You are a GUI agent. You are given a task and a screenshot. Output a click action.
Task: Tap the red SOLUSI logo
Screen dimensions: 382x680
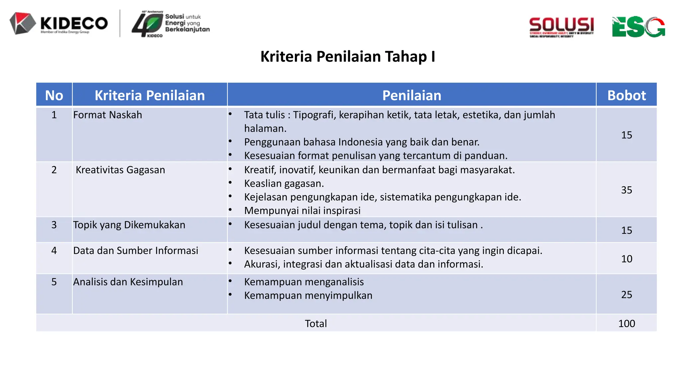click(561, 27)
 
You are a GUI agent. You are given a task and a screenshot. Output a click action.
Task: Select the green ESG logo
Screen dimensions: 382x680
click(638, 27)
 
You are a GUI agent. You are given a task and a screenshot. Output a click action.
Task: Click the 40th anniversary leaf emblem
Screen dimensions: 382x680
click(147, 24)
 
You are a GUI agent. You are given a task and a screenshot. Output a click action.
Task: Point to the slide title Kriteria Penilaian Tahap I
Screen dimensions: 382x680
click(348, 56)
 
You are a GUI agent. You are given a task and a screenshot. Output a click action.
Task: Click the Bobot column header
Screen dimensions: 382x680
click(626, 95)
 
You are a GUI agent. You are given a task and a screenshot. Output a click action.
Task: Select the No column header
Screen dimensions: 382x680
click(54, 95)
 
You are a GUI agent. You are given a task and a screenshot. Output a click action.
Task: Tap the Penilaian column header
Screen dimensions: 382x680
click(411, 95)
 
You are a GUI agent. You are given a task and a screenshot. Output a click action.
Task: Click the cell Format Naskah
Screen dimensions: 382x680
click(108, 115)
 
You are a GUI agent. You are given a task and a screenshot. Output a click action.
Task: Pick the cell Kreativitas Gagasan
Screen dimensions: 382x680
click(120, 170)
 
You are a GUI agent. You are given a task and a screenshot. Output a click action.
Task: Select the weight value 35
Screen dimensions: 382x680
click(626, 190)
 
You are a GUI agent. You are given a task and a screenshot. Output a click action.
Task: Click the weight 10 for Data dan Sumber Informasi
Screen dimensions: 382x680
click(626, 259)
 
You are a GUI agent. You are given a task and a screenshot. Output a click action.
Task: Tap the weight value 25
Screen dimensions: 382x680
click(626, 294)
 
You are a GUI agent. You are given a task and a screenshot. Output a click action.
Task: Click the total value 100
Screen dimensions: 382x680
click(626, 323)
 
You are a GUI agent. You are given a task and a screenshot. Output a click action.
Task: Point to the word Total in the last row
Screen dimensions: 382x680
click(316, 323)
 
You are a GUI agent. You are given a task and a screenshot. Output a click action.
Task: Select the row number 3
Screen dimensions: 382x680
click(54, 225)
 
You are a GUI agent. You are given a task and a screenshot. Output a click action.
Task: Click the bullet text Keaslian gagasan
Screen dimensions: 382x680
click(284, 183)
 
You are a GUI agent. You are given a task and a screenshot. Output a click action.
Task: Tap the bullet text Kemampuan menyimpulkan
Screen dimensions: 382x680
click(308, 295)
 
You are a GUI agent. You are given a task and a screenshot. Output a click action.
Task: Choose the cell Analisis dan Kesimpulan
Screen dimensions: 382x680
click(128, 282)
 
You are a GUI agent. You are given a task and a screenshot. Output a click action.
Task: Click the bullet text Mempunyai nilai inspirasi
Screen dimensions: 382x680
click(302, 211)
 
